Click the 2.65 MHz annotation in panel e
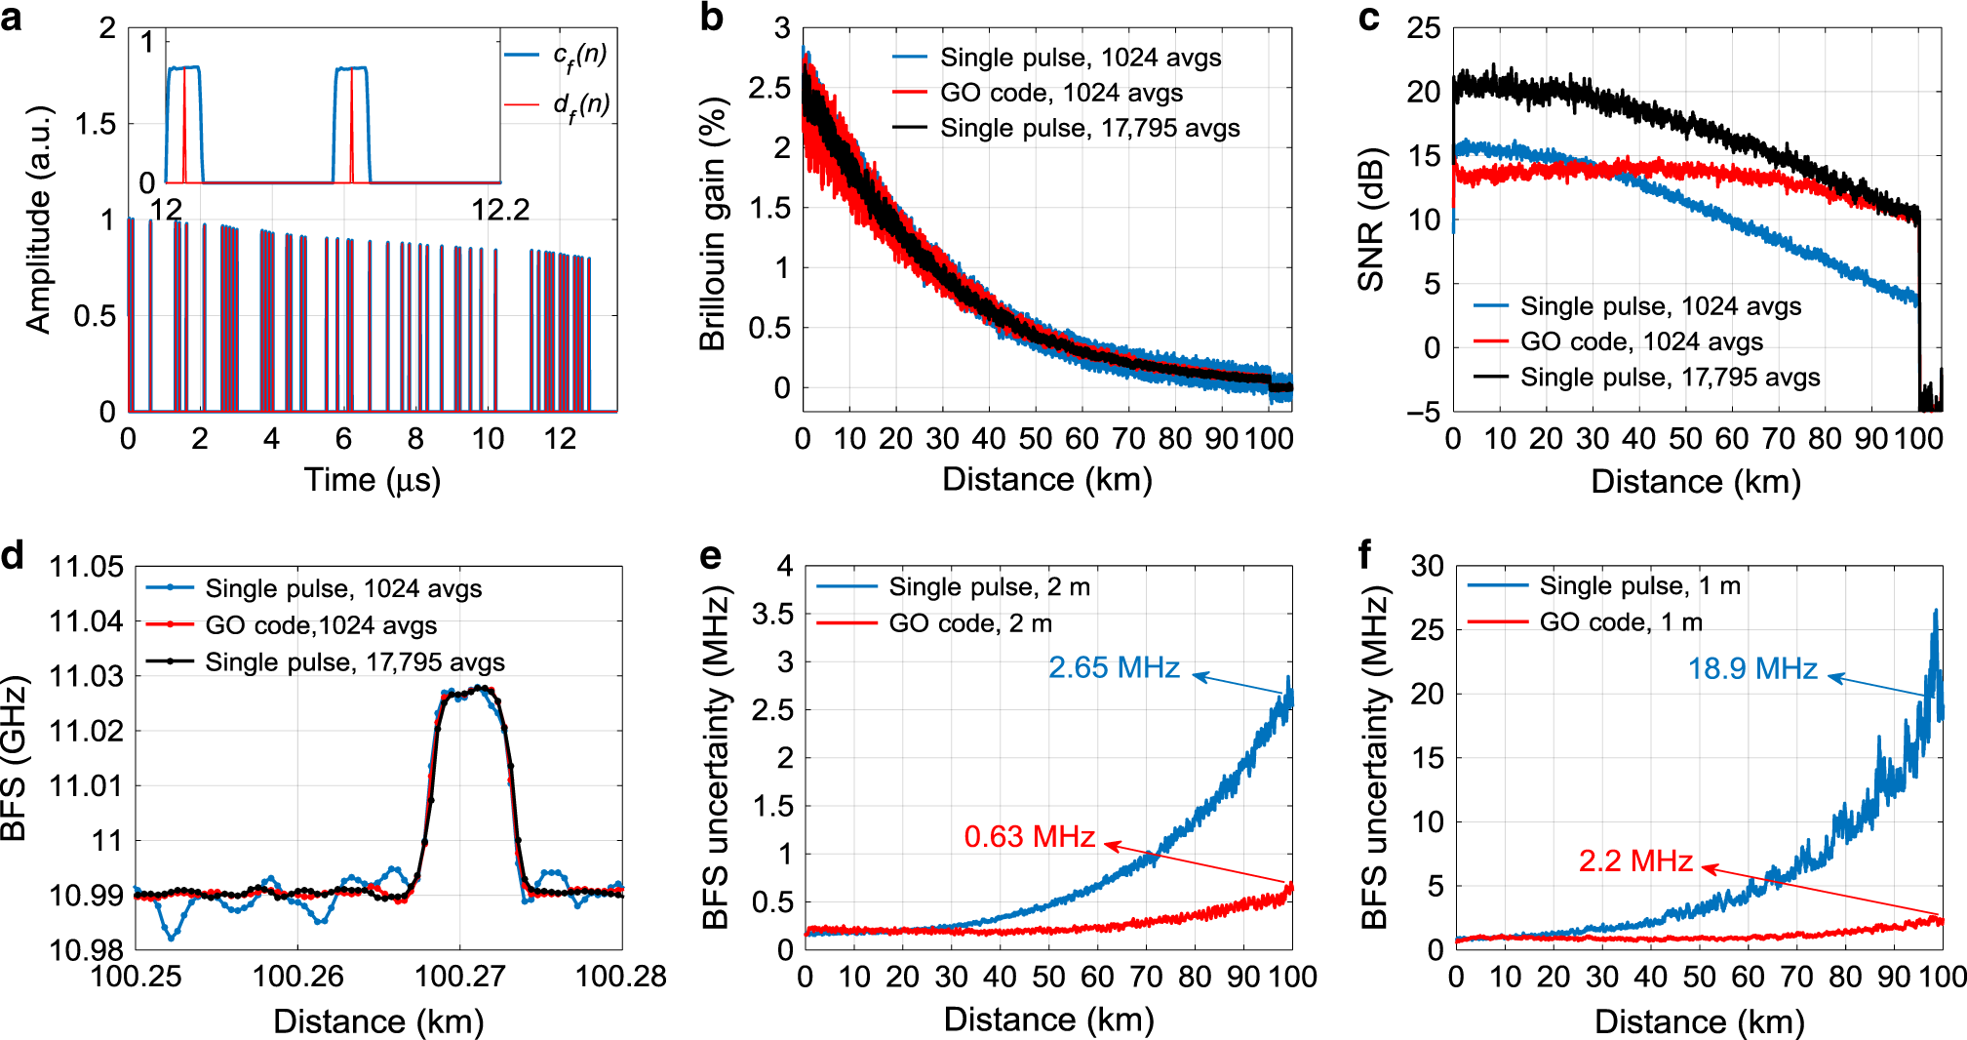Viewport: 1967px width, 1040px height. point(1114,667)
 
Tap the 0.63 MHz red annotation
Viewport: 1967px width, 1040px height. point(1029,836)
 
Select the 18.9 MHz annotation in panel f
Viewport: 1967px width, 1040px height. point(1752,668)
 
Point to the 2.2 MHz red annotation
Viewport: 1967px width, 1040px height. point(1635,860)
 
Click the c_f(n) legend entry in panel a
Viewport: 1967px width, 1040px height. point(579,56)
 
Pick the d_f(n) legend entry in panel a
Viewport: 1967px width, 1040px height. point(580,104)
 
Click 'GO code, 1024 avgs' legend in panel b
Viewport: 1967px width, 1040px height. point(1061,93)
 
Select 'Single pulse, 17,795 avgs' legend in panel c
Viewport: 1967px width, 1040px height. point(1670,378)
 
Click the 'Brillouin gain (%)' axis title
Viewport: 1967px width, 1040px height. point(714,224)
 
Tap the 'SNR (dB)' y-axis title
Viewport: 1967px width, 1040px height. point(1372,220)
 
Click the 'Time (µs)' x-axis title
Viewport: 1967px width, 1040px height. point(372,480)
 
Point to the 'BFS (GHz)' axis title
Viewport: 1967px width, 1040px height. point(14,758)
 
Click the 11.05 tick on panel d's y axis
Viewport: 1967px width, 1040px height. point(87,567)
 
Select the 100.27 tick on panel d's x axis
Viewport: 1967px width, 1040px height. point(459,976)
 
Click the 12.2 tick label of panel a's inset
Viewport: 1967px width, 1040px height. point(499,210)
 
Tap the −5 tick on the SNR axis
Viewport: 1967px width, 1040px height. point(1423,412)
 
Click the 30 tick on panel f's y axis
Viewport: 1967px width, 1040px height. point(1427,566)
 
